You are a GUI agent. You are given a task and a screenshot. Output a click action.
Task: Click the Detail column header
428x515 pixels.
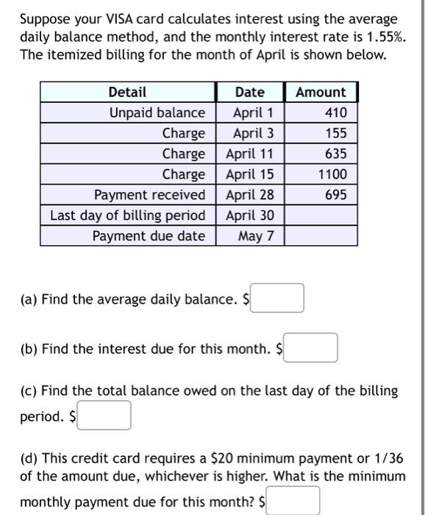(x=127, y=92)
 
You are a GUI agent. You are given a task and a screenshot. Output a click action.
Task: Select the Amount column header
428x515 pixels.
(x=320, y=92)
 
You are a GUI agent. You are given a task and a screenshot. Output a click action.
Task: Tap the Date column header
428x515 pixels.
(x=250, y=92)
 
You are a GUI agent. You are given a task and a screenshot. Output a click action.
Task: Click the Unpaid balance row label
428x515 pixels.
(x=157, y=113)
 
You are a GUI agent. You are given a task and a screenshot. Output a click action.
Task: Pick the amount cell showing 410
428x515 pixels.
(x=334, y=113)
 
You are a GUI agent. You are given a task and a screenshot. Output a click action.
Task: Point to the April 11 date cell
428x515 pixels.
(x=250, y=154)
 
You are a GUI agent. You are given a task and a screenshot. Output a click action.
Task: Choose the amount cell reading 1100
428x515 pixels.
(x=332, y=174)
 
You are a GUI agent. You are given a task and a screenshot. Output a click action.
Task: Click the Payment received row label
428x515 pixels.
(x=150, y=195)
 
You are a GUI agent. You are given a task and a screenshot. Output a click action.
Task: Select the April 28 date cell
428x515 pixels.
(x=250, y=195)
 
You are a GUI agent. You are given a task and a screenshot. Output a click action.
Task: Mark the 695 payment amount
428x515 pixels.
(x=334, y=195)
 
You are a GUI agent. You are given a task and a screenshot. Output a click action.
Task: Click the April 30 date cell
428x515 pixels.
(x=250, y=216)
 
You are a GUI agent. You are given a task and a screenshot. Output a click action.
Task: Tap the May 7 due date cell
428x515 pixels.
(x=256, y=236)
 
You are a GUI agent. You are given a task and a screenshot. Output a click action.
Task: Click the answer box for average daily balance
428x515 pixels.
(x=277, y=299)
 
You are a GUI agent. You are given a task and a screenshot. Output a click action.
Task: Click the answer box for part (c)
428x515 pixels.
(x=105, y=416)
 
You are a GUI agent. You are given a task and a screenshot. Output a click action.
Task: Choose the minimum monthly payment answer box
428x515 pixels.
(x=293, y=501)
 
